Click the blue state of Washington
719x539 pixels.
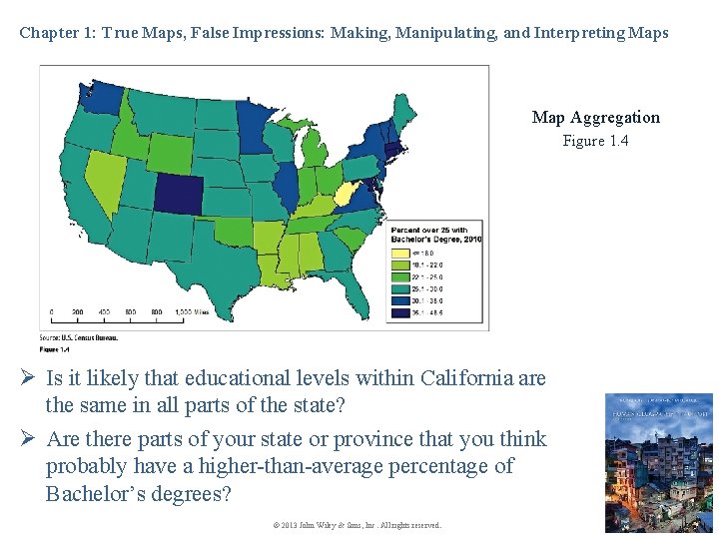pyautogui.click(x=101, y=97)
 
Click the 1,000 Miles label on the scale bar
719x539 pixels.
pyautogui.click(x=192, y=311)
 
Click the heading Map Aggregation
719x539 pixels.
pyautogui.click(x=595, y=118)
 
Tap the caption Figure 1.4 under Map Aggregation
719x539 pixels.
pyautogui.click(x=595, y=141)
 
